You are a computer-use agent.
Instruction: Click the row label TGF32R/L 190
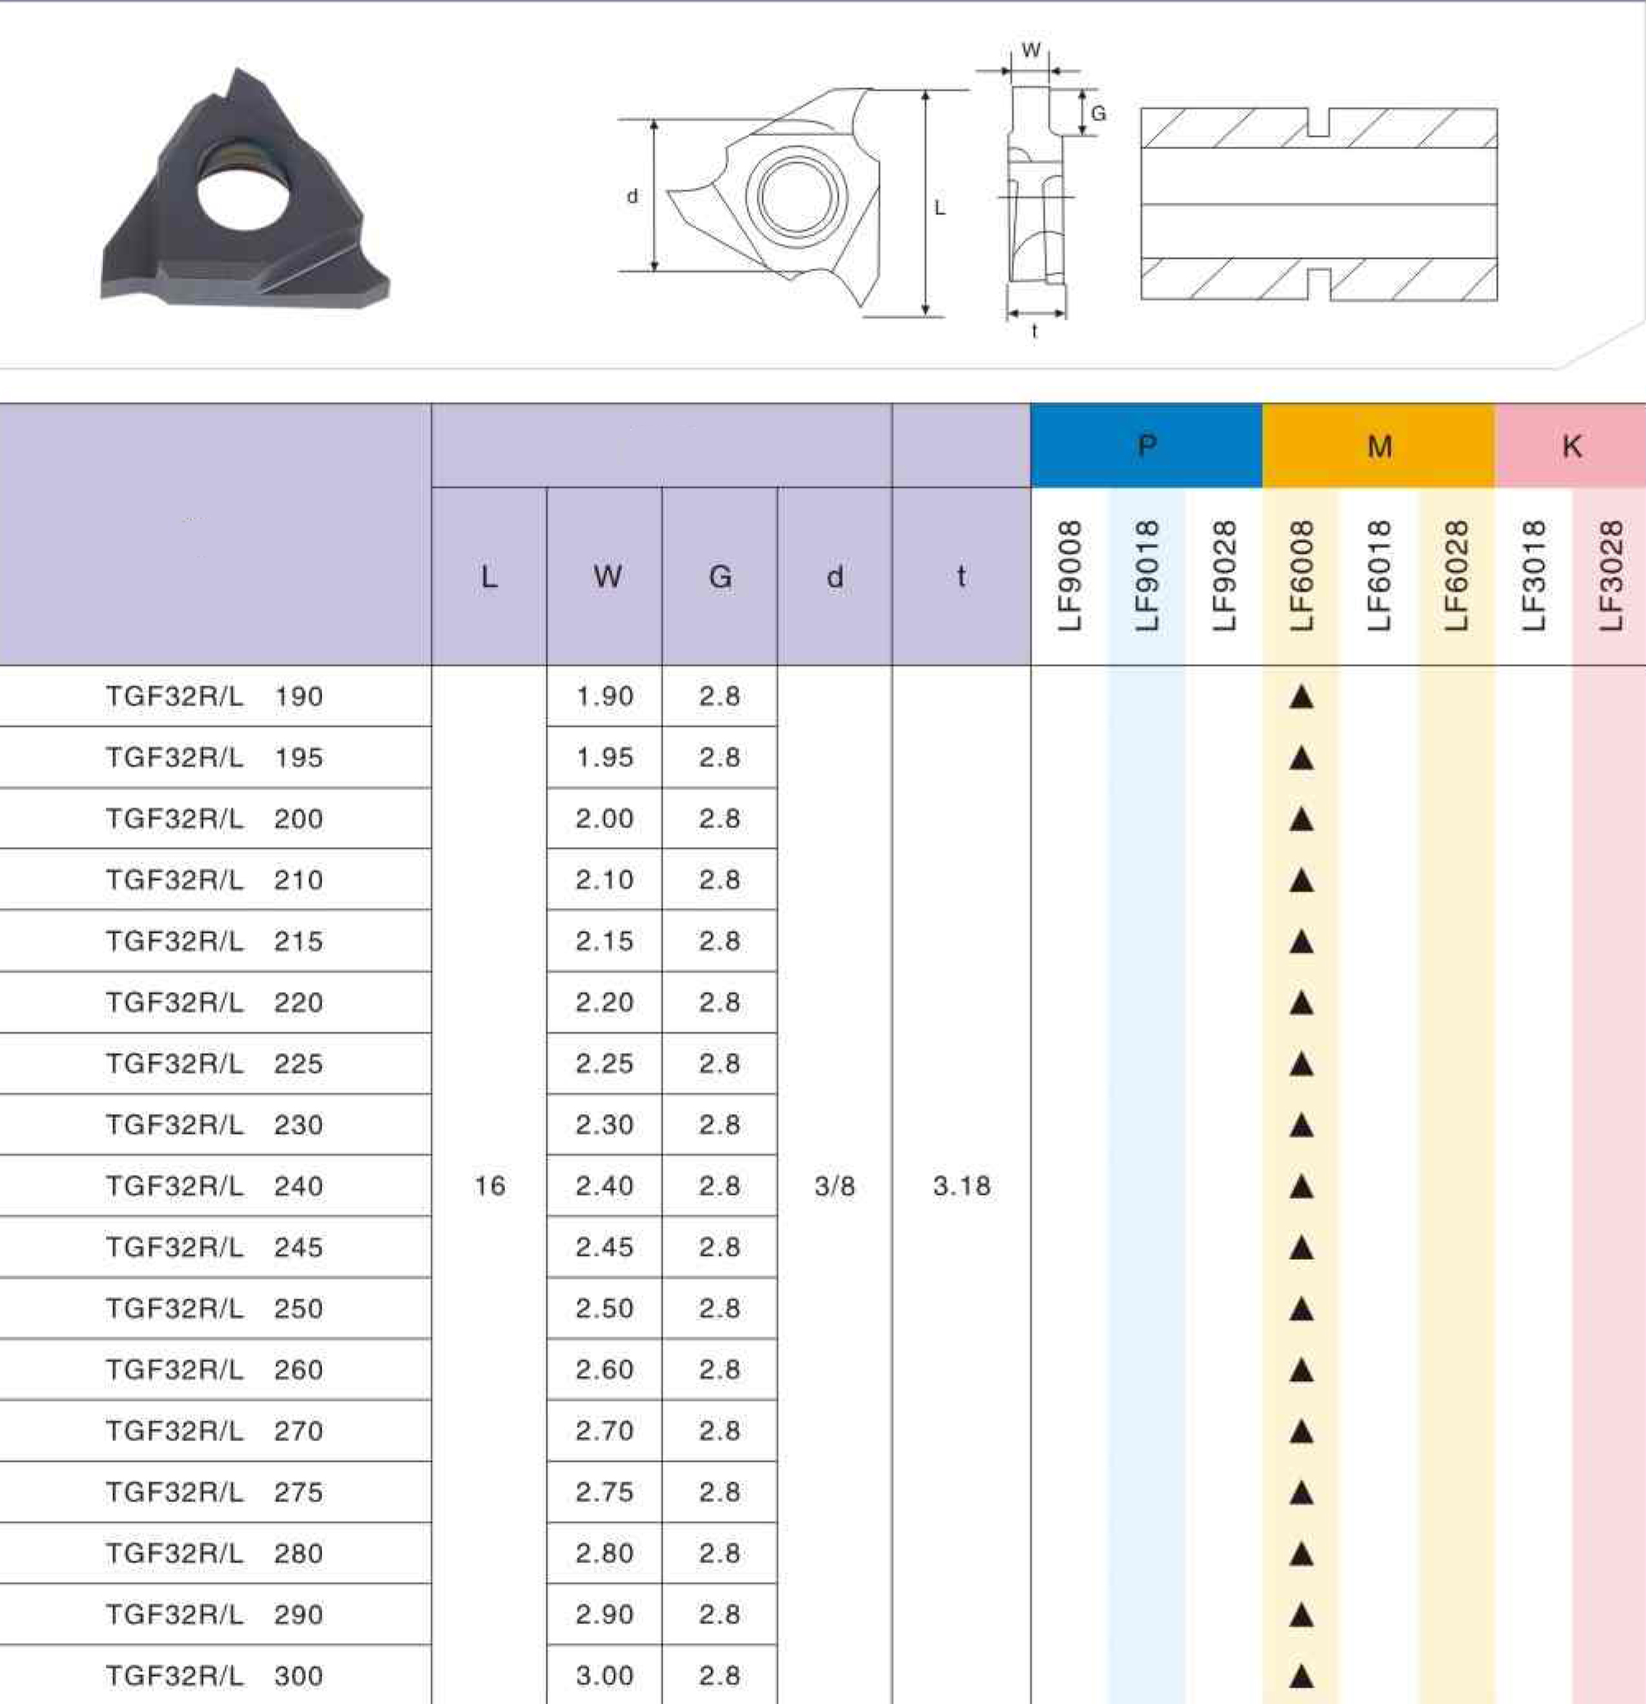click(x=214, y=696)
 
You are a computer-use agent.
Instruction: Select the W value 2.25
click(x=604, y=1063)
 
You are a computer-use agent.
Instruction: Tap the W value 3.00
click(x=604, y=1675)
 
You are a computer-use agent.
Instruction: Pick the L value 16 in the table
click(x=489, y=1186)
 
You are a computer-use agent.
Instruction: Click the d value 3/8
click(x=835, y=1186)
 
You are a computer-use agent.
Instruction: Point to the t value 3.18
click(x=961, y=1186)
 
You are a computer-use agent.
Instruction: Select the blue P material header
click(x=1146, y=445)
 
